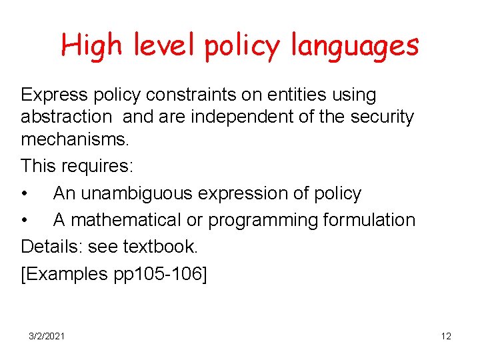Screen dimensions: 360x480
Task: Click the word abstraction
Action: pyautogui.click(x=66, y=117)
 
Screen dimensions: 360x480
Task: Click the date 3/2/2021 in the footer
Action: pyautogui.click(x=47, y=337)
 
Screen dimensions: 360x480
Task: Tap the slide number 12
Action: pyautogui.click(x=446, y=337)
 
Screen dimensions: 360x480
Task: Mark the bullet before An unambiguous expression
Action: pyautogui.click(x=25, y=194)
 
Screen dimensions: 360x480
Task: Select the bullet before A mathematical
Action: pyautogui.click(x=25, y=221)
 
